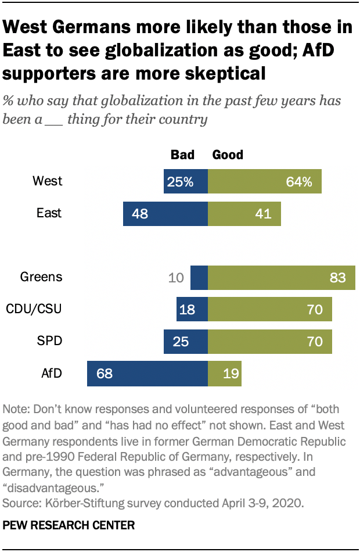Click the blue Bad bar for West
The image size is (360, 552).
click(185, 181)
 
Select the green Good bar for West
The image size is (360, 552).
click(264, 181)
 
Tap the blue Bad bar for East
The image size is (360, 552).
click(165, 214)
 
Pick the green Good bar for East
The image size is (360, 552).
click(244, 214)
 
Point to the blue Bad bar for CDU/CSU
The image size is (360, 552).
click(192, 310)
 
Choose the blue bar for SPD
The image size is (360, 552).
click(185, 342)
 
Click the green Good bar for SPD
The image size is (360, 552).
click(269, 342)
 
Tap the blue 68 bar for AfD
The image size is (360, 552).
click(147, 374)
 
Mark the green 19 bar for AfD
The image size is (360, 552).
click(224, 374)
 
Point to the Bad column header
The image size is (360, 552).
click(182, 155)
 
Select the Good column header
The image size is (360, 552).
click(228, 155)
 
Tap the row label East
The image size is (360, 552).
click(49, 213)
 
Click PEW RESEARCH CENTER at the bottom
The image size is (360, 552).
click(69, 525)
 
